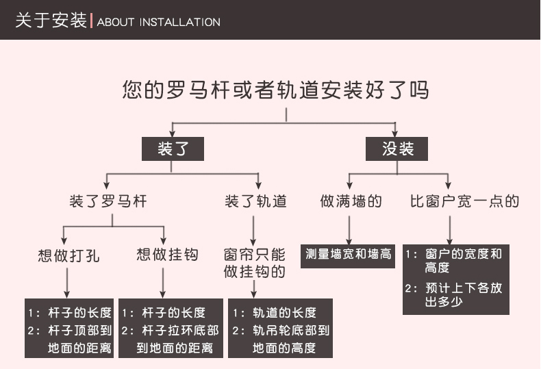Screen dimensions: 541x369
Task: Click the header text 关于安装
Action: (x=51, y=20)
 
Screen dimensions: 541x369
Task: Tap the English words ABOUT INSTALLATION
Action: (x=159, y=22)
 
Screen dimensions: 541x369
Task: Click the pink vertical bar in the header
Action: (x=92, y=21)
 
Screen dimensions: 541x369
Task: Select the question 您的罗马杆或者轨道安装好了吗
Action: (x=276, y=90)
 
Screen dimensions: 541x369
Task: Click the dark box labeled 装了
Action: (x=173, y=149)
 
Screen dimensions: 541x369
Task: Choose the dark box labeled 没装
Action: (x=397, y=149)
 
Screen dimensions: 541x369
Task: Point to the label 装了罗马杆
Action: (x=108, y=201)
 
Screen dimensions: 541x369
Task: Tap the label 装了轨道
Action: (x=255, y=201)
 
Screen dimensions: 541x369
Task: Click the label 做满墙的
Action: (x=351, y=201)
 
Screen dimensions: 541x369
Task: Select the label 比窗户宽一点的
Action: (x=464, y=201)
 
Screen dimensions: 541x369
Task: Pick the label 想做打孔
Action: (x=68, y=255)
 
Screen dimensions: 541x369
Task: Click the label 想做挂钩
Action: (x=167, y=255)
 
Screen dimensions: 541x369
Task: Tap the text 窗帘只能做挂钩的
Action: (x=254, y=263)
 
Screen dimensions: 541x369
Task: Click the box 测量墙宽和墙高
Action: (x=348, y=256)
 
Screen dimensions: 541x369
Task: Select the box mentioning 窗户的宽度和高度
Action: (x=456, y=280)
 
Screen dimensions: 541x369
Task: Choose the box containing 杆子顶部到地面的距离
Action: (x=69, y=329)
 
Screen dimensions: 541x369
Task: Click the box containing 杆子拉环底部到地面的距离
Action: (x=171, y=329)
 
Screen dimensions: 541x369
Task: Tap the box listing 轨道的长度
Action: (x=280, y=329)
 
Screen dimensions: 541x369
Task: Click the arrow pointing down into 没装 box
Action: (x=395, y=129)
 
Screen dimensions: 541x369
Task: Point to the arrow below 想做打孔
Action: (x=67, y=283)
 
